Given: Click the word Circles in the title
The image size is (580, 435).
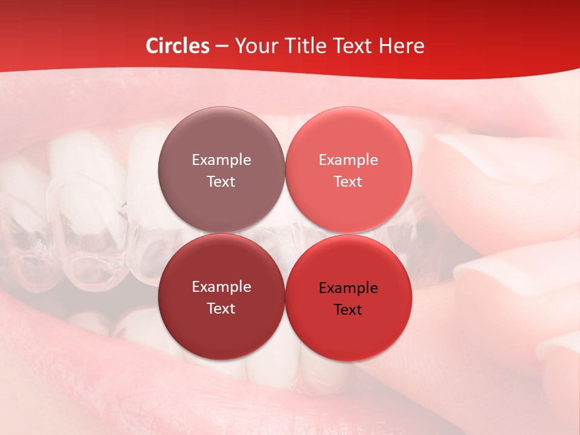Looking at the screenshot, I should coord(178,46).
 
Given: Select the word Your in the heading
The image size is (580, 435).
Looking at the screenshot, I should coord(256,46).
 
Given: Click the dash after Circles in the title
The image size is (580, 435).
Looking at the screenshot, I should coord(222,47).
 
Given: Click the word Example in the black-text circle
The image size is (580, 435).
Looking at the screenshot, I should coord(349,288).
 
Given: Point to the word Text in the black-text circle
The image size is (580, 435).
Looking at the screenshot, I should coord(348,310).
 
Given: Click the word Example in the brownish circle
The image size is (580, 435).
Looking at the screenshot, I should coord(221,160).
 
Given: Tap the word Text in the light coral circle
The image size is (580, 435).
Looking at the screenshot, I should coord(348,182).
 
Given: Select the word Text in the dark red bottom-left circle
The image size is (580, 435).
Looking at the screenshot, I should coord(221,309).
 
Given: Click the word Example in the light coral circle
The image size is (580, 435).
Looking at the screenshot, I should coord(349,160).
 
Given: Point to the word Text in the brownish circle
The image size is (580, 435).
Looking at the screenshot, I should coord(221,182).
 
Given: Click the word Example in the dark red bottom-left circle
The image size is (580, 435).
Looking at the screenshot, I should coord(221,287).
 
